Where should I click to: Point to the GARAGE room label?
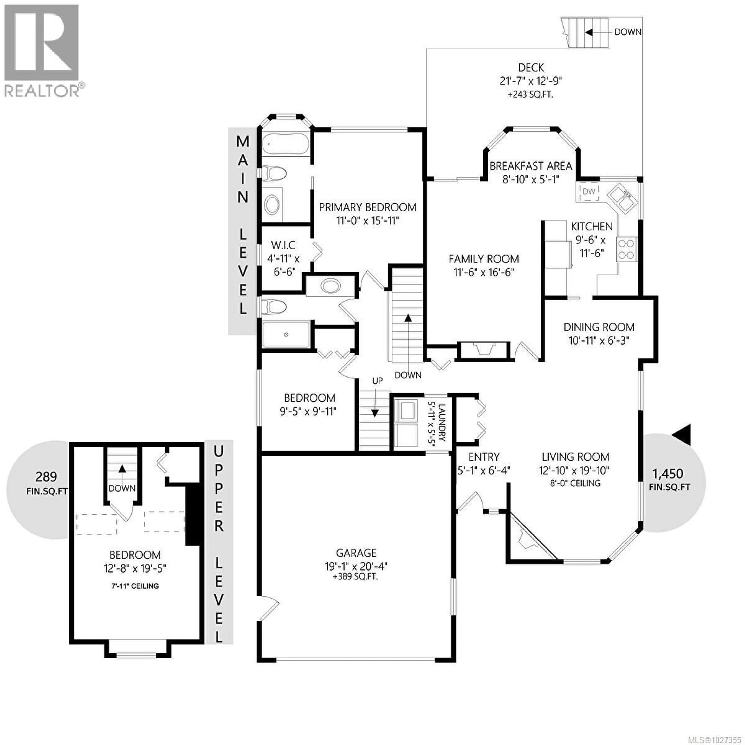click(x=356, y=553)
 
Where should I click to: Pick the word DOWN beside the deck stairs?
click(x=628, y=32)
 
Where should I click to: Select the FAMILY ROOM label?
click(x=483, y=259)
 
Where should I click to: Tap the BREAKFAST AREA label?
click(x=531, y=166)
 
